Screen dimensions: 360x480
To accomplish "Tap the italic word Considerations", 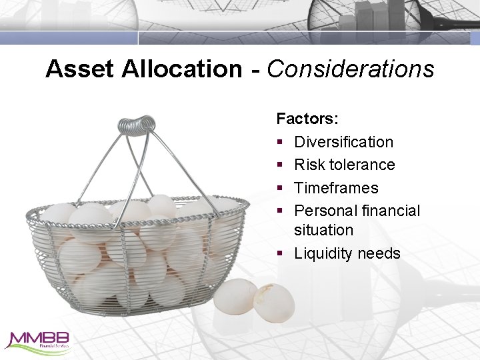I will [351, 69].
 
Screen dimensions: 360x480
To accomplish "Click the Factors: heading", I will [307, 119].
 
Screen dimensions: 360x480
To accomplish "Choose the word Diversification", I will [343, 142].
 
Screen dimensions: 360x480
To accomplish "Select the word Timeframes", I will [336, 188].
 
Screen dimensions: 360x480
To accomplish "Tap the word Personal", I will [323, 211].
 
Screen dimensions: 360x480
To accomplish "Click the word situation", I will [323, 230].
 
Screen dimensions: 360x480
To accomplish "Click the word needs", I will [379, 253].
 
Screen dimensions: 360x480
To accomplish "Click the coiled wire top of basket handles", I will [136, 125].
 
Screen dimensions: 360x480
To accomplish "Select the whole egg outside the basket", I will [235, 296].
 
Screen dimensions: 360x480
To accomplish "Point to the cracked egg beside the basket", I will [274, 303].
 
